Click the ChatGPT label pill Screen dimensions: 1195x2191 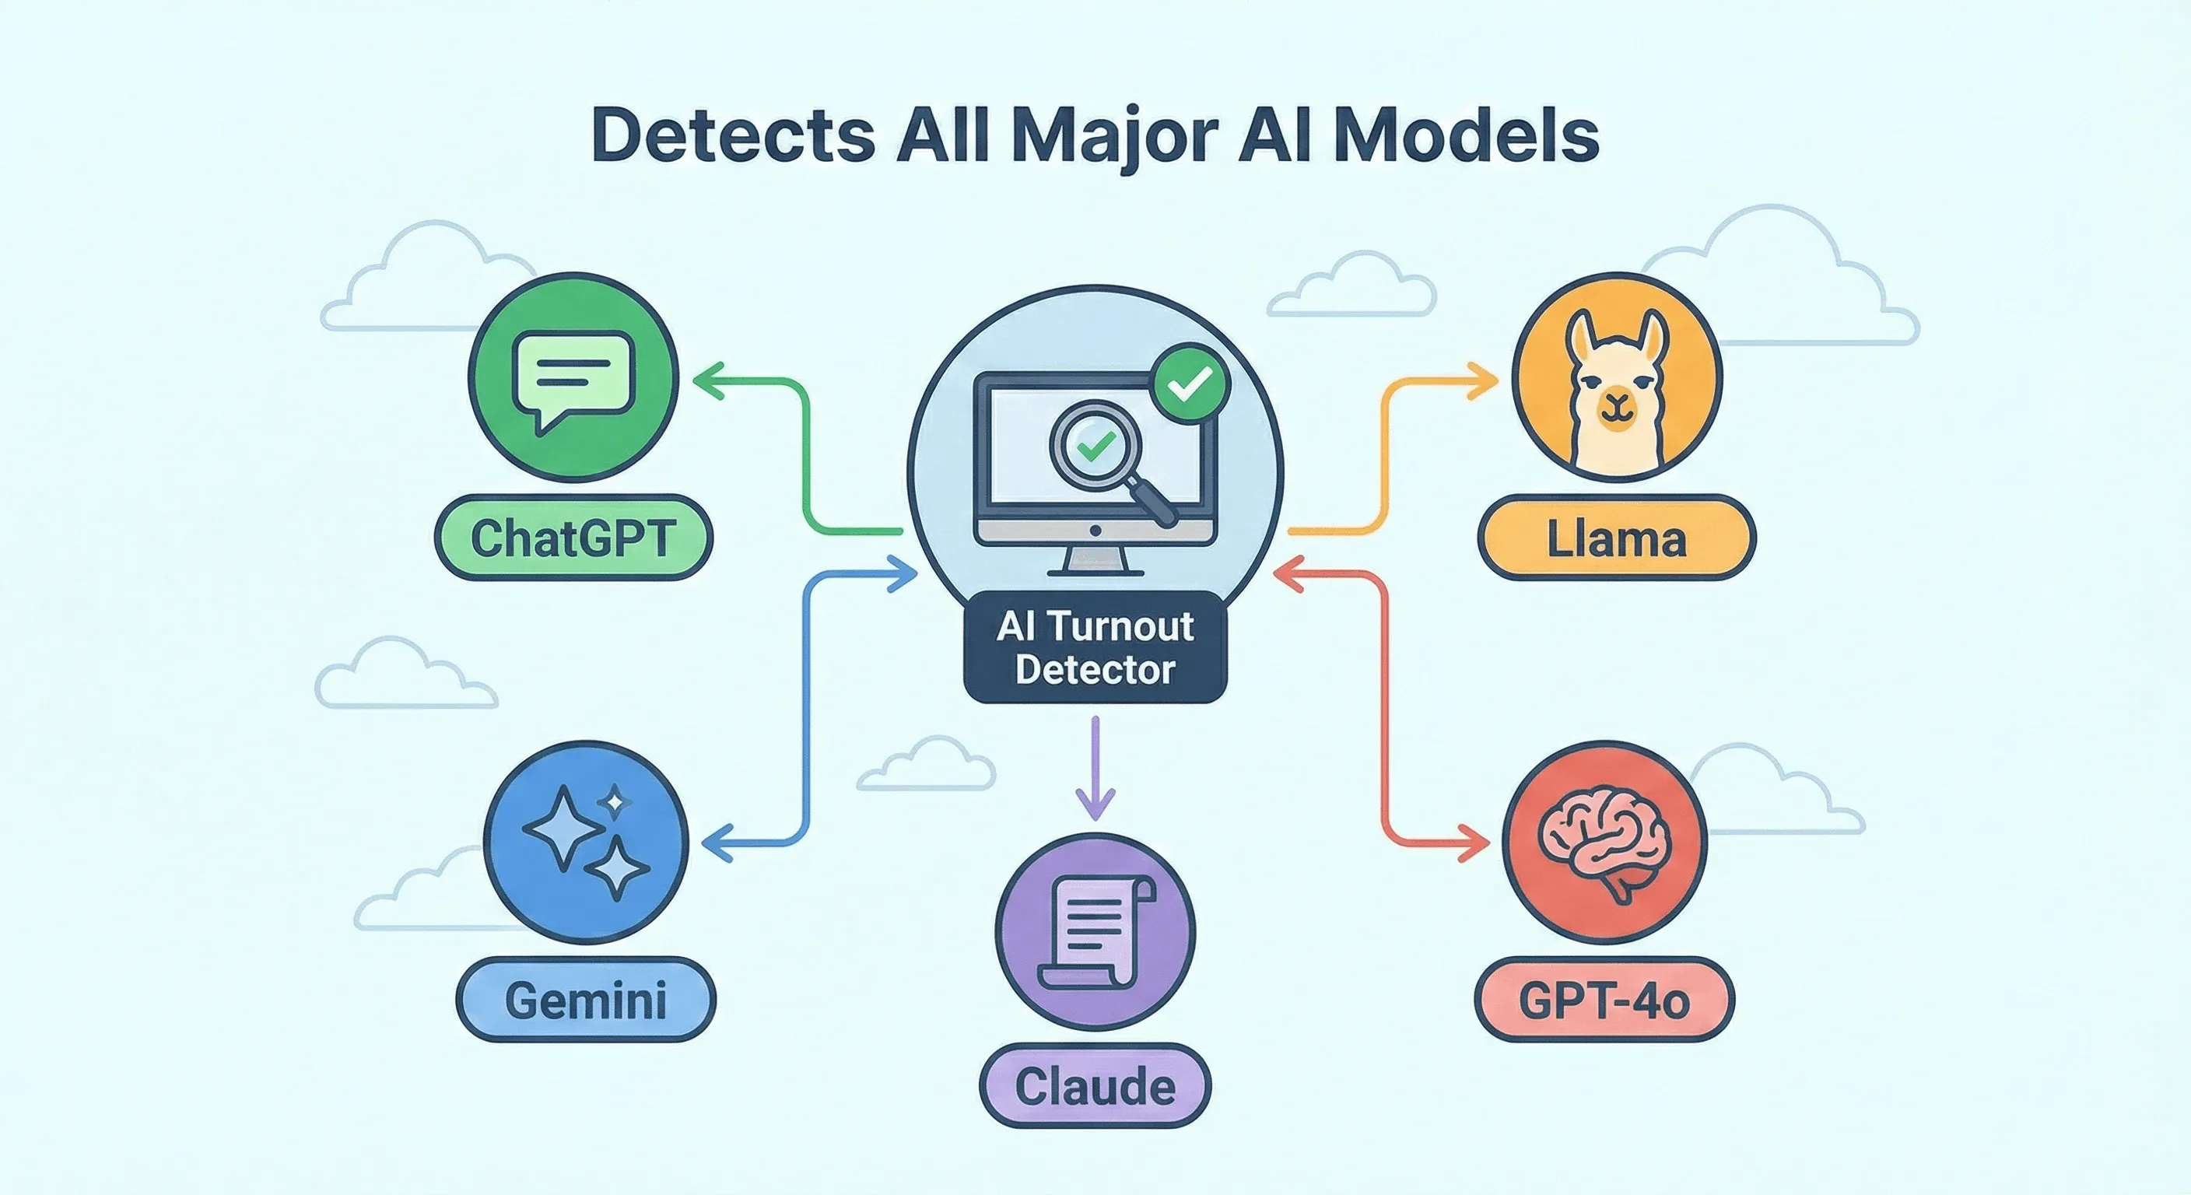573,538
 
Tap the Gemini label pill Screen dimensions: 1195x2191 586,1001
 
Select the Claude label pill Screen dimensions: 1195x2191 1095,1087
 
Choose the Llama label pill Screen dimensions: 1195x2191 1616,539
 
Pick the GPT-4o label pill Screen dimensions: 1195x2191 1604,1001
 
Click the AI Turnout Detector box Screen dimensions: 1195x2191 1095,647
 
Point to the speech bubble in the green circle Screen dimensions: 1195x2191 574,380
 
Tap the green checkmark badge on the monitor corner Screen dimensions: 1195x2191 1190,384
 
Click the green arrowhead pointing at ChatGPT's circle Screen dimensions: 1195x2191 710,380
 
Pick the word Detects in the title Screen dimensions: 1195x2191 733,135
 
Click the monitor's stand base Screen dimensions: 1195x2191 1095,569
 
